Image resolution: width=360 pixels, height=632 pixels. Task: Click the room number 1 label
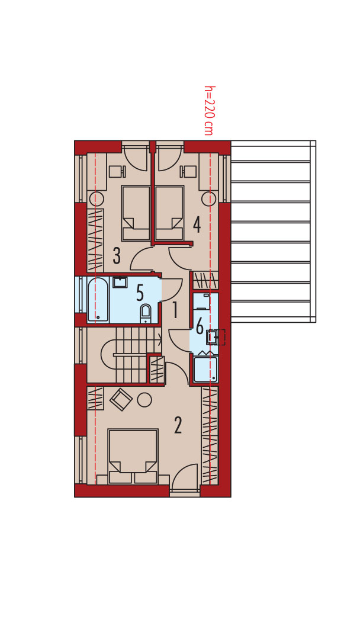(x=175, y=311)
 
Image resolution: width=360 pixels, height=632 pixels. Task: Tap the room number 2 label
(x=178, y=425)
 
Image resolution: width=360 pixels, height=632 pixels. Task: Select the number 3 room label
(x=117, y=256)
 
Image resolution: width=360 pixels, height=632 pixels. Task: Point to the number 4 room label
(x=197, y=224)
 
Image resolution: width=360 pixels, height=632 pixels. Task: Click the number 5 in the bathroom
(x=140, y=294)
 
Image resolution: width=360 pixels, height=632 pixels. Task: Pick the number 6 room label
(x=200, y=326)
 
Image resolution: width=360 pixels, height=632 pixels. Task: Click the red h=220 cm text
(x=208, y=110)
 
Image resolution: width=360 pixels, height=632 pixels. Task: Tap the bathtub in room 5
(x=98, y=300)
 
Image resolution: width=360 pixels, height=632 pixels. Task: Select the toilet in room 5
(x=145, y=313)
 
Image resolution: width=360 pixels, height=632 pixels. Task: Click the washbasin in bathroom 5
(x=120, y=282)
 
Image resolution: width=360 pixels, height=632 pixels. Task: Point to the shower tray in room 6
(x=205, y=369)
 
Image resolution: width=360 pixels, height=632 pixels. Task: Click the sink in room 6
(x=212, y=337)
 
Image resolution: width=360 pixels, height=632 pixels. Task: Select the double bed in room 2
(x=133, y=456)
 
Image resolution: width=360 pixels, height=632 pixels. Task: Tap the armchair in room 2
(x=121, y=399)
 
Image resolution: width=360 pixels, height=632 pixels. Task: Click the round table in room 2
(x=144, y=400)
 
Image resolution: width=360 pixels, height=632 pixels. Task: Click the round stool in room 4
(x=209, y=198)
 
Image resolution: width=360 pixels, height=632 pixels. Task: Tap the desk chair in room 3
(x=117, y=171)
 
